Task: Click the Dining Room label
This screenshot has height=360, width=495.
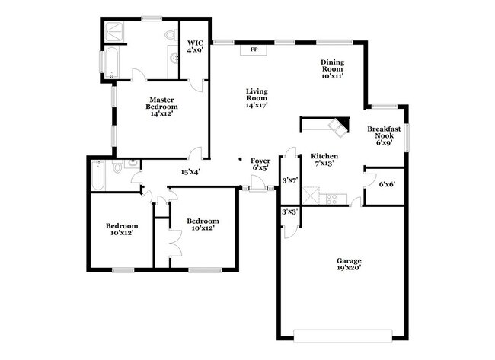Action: tap(334, 70)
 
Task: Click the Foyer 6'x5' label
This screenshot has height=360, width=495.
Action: tap(261, 165)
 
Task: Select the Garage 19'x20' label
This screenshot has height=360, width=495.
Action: tap(350, 265)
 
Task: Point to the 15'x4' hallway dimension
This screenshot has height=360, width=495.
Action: tap(190, 172)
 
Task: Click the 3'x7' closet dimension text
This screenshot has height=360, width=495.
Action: tap(290, 180)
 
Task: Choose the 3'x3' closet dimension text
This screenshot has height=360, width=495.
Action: tap(290, 212)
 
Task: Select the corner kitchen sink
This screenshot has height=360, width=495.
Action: tap(335, 126)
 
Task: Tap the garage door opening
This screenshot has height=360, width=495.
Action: tap(344, 333)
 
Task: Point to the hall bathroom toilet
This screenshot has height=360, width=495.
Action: tap(117, 167)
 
